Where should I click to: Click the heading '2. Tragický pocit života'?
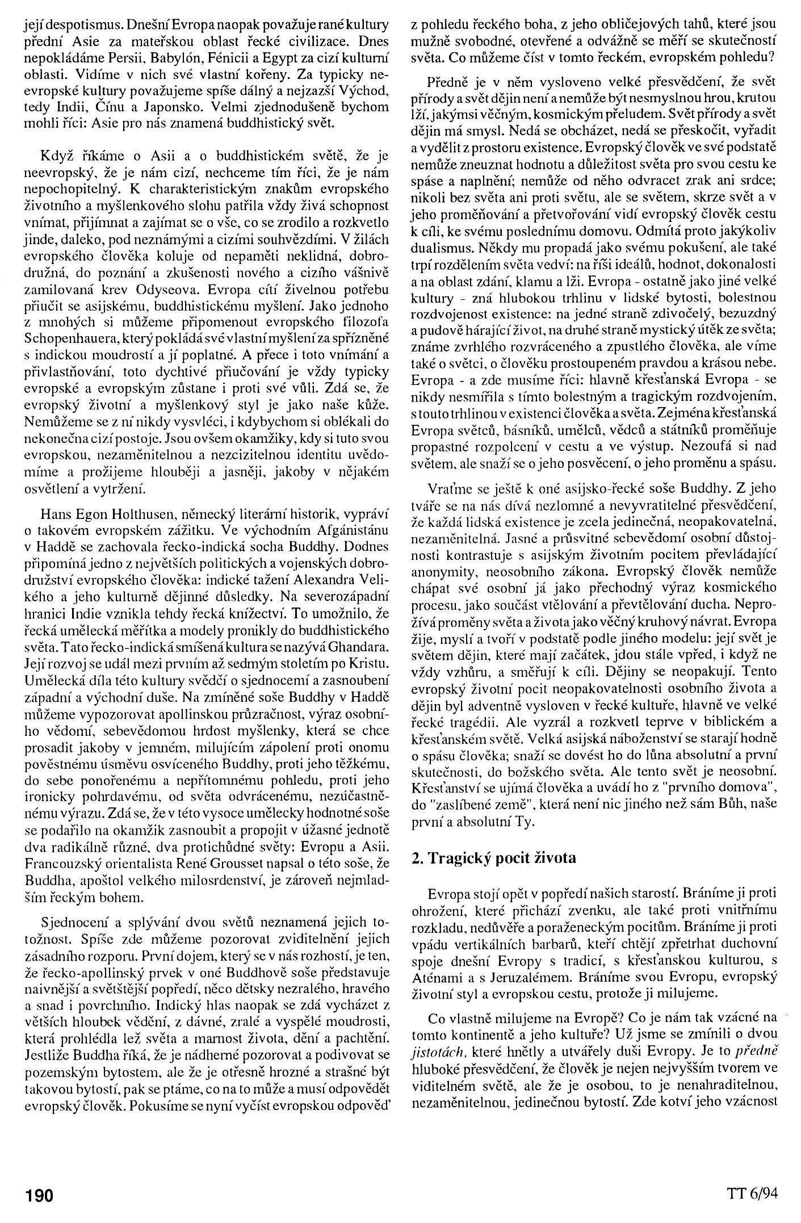(493, 857)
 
